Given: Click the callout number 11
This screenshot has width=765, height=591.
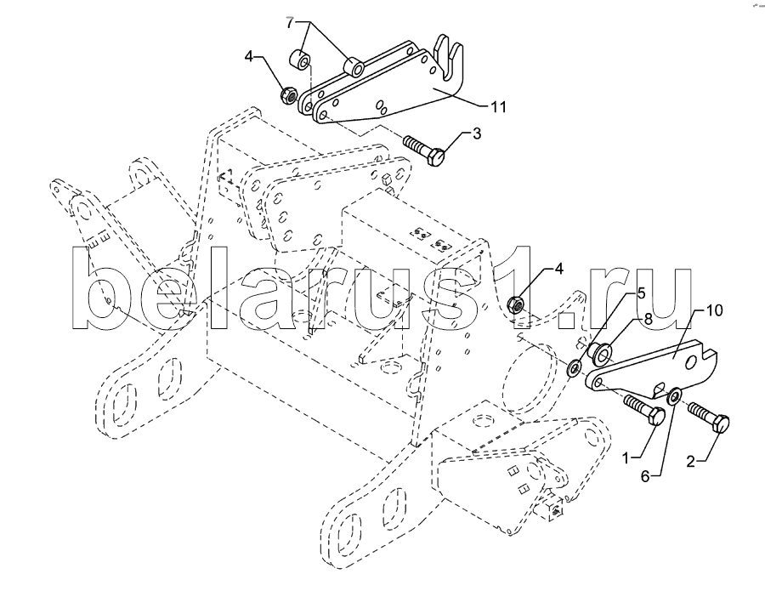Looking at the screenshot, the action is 497,106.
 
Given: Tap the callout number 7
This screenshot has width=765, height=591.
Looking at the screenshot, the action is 290,22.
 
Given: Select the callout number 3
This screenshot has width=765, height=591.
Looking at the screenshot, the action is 476,134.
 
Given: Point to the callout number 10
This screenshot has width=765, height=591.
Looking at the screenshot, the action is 714,310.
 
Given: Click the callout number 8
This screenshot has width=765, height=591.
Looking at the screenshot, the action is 648,319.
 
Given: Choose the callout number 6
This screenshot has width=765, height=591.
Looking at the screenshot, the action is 645,476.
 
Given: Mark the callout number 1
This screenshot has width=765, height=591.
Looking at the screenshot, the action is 628,457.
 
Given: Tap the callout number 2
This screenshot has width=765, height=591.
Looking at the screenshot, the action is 690,461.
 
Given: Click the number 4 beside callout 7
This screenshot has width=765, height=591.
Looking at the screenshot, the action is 249,57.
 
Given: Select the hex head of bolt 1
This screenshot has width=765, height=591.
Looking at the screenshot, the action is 657,418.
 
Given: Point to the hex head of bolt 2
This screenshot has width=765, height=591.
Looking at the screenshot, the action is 722,423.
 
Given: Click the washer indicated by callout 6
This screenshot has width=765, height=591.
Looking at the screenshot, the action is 675,395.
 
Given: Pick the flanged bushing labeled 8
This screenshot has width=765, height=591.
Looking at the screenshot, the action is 600,354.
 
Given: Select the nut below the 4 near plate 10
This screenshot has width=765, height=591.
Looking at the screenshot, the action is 516,305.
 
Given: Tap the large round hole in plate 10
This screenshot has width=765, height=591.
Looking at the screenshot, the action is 691,362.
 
